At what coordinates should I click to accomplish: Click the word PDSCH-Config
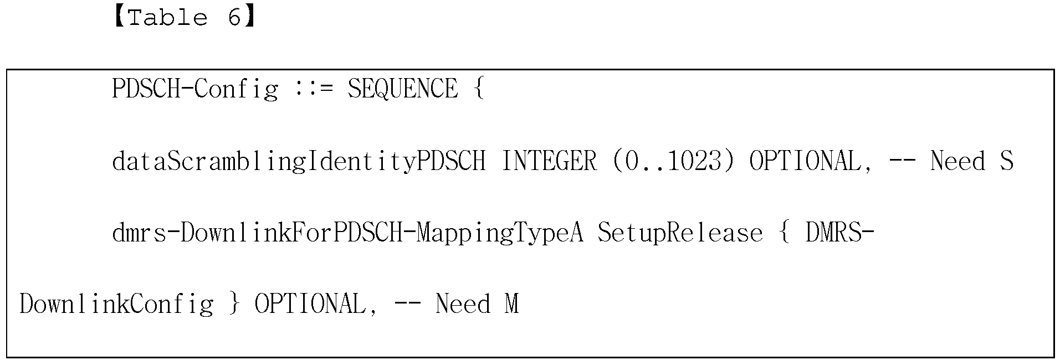(195, 89)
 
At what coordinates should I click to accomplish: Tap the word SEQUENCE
(403, 89)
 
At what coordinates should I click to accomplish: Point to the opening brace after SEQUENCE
(479, 89)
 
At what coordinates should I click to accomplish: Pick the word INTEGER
(549, 161)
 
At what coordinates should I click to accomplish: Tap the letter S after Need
(1006, 161)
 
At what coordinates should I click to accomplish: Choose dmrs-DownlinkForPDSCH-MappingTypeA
(347, 233)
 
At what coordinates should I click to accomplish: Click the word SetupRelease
(680, 233)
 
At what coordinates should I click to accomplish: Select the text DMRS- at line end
(839, 233)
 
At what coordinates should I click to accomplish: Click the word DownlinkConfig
(116, 305)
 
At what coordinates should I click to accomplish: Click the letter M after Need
(511, 305)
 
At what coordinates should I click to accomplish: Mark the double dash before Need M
(407, 305)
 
